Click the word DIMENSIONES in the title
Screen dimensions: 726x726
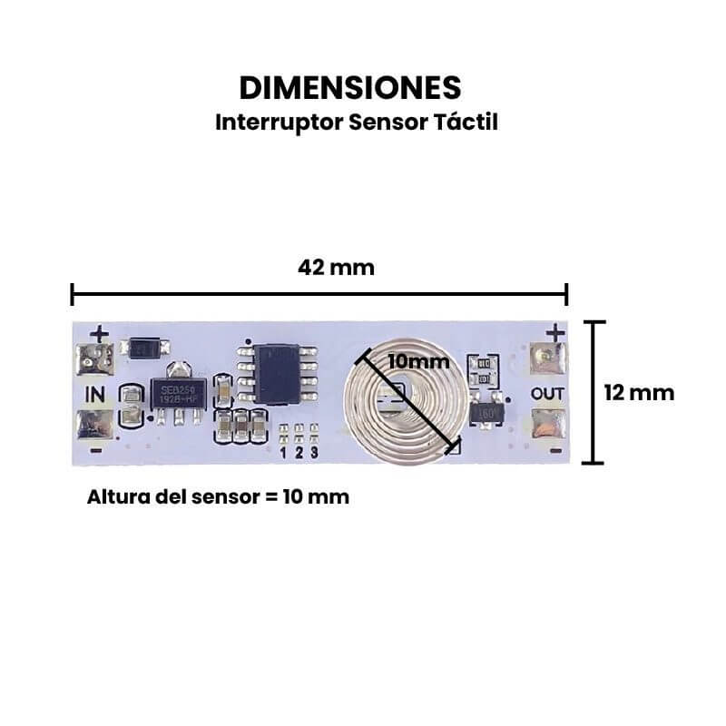coord(350,87)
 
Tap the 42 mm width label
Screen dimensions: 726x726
coord(336,268)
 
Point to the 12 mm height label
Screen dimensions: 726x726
coord(639,392)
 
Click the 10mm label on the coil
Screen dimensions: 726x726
coord(418,360)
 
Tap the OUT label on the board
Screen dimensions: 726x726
coord(548,393)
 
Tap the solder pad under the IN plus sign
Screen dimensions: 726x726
coord(94,361)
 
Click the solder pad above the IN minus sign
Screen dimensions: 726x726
coord(95,424)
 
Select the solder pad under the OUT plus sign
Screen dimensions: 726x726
coord(547,360)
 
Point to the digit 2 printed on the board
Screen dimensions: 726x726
coord(299,451)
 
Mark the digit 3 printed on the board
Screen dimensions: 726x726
coord(314,451)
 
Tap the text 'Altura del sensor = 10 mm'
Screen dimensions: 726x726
coord(218,497)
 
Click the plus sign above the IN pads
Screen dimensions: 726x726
coord(99,334)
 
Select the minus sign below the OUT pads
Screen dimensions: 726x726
coord(555,450)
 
